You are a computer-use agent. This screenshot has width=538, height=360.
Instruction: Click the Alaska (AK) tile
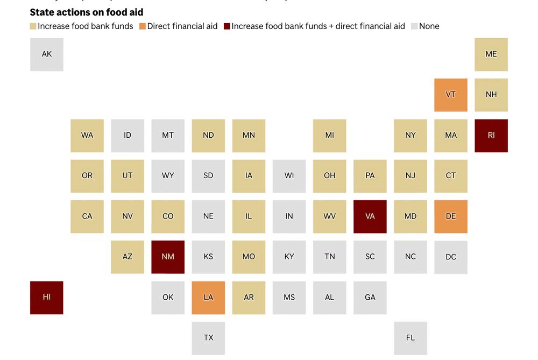click(x=47, y=54)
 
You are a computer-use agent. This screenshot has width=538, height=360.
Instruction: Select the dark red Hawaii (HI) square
click(x=47, y=298)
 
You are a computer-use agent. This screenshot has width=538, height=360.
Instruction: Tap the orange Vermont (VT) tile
click(x=451, y=95)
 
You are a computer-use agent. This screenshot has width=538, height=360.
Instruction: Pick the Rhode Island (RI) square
click(x=491, y=136)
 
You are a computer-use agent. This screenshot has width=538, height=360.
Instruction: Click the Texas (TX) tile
click(x=208, y=338)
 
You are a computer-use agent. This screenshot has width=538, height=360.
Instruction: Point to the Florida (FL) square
click(x=410, y=338)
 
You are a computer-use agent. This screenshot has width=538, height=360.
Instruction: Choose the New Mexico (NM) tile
click(x=168, y=257)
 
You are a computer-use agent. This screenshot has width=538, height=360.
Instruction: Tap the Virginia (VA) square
click(x=370, y=216)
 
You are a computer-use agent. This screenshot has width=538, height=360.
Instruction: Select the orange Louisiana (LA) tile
click(x=208, y=298)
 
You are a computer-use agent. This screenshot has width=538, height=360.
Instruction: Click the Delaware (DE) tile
click(x=451, y=216)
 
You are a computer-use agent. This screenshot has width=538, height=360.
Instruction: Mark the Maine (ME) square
click(x=491, y=54)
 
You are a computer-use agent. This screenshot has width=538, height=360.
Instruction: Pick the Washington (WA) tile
click(x=87, y=136)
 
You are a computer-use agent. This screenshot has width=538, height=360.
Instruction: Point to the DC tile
click(x=451, y=257)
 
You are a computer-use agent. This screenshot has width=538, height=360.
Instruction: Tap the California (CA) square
click(x=87, y=216)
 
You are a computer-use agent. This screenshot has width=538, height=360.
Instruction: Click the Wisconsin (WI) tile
click(x=289, y=176)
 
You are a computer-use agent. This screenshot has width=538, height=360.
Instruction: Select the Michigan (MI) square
click(x=330, y=136)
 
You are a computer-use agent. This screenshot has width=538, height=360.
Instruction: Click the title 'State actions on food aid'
click(x=86, y=12)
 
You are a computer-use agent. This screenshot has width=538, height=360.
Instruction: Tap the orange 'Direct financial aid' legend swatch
click(x=143, y=26)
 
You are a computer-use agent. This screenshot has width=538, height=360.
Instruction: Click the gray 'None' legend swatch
click(x=414, y=26)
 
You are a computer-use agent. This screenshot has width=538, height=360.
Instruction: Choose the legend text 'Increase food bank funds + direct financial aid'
click(x=318, y=26)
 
